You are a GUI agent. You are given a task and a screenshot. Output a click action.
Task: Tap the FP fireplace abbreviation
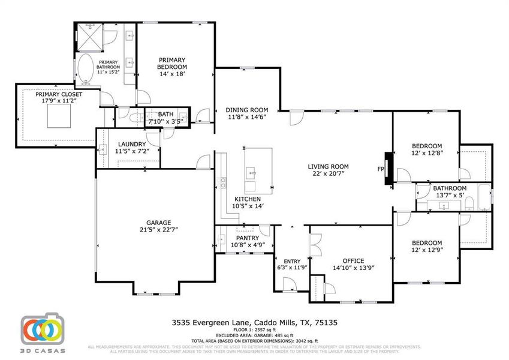click(x=380, y=170)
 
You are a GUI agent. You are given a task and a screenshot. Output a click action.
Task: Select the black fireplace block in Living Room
click(x=390, y=169)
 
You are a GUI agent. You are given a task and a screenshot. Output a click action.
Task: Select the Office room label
click(x=353, y=260)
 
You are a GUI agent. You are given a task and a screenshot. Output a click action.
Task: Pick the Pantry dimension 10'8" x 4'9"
click(x=244, y=245)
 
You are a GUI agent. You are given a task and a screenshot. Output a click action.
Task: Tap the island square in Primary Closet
click(x=58, y=118)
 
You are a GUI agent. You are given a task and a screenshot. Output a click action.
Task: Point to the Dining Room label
click(x=246, y=110)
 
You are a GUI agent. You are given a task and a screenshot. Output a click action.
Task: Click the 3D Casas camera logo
click(x=43, y=331)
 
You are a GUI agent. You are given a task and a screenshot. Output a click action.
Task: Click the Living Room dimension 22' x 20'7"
click(x=328, y=174)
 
